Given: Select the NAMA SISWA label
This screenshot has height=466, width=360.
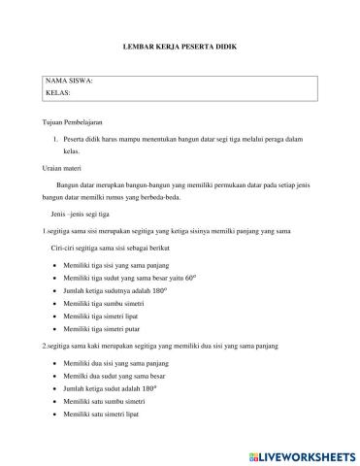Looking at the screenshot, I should pos(69,82).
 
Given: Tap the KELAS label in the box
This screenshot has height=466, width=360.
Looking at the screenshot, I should pos(58,93).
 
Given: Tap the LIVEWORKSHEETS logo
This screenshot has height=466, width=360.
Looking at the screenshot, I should pos(303,454).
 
